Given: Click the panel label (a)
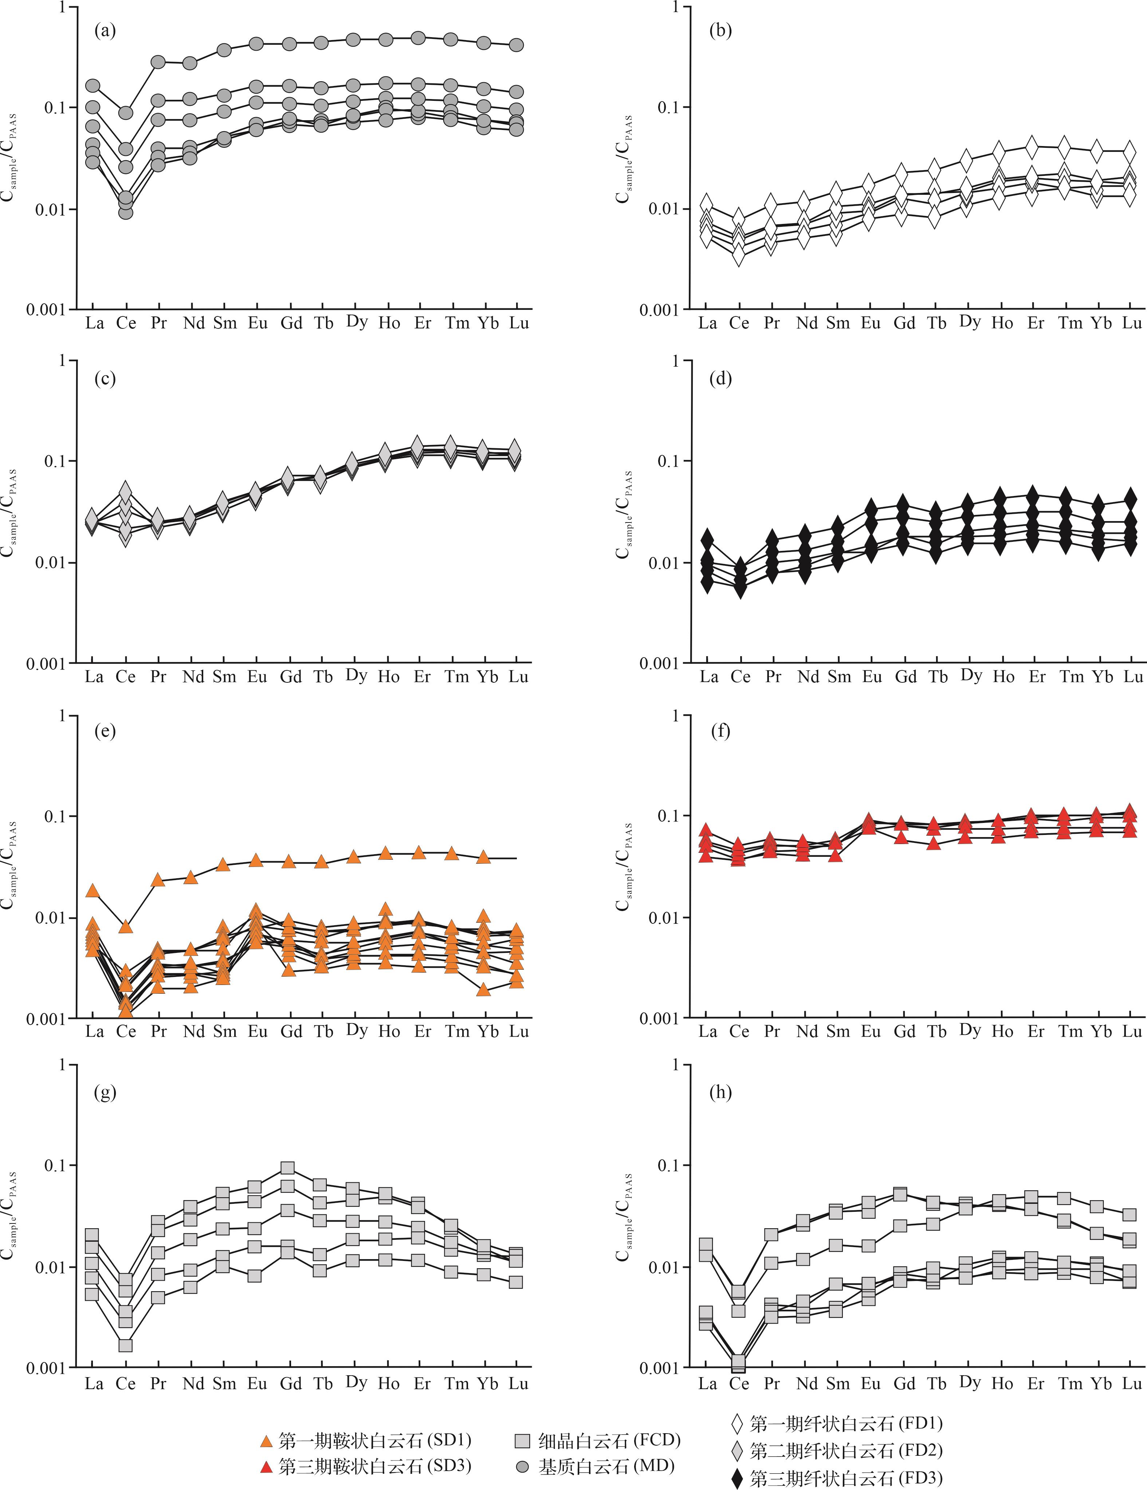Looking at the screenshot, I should [105, 31].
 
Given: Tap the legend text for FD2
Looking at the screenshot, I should [846, 1451].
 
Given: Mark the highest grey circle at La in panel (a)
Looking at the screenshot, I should [93, 85].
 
